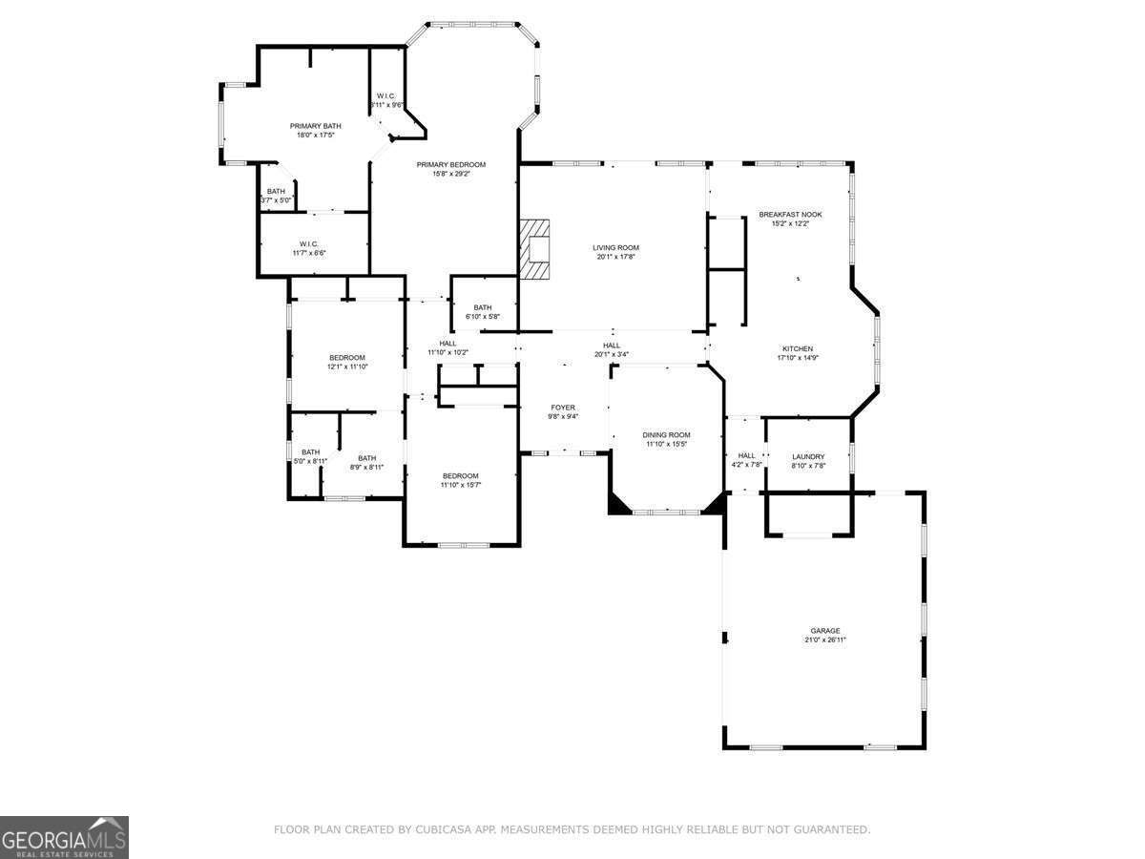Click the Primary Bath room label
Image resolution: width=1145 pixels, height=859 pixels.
click(315, 126)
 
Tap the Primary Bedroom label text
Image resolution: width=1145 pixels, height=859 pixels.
click(450, 164)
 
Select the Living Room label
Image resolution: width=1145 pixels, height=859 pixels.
click(615, 247)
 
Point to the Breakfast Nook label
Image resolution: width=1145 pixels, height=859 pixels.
click(790, 215)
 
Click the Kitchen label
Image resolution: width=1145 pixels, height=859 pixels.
click(798, 348)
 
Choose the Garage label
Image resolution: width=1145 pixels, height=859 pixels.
click(825, 631)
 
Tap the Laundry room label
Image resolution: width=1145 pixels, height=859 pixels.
click(808, 456)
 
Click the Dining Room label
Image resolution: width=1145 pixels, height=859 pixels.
click(666, 435)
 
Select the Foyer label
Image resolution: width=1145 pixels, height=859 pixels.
click(562, 408)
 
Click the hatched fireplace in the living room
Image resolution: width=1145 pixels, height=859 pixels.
click(536, 249)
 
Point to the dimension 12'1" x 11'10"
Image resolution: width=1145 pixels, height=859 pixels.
click(347, 367)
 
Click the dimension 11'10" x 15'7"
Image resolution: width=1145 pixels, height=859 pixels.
click(460, 485)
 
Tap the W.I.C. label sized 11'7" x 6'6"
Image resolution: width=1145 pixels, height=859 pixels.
click(307, 243)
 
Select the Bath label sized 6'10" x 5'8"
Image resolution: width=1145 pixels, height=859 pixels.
click(482, 307)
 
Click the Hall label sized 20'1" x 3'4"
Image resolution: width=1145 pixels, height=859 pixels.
click(612, 346)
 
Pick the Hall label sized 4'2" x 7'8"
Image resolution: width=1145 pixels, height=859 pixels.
click(746, 455)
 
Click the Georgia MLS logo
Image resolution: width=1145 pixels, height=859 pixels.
click(64, 837)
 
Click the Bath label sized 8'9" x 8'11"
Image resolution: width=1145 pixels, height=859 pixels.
click(366, 458)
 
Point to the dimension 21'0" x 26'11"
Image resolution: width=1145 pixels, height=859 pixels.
click(825, 640)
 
